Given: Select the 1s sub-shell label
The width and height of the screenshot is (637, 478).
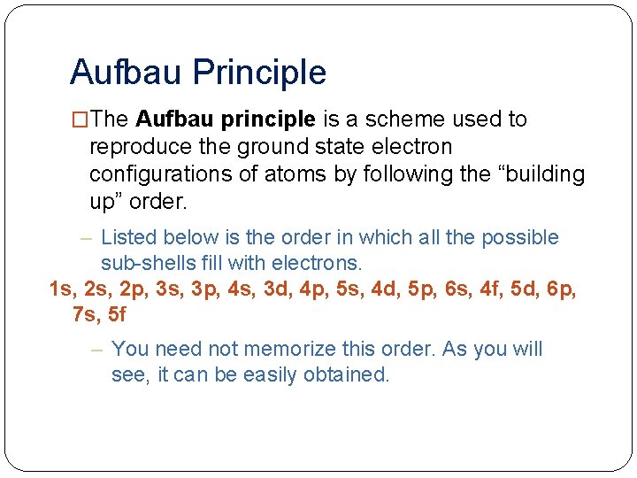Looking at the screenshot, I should point(62,289).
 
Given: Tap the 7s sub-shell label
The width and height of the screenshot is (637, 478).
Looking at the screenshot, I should point(86,313).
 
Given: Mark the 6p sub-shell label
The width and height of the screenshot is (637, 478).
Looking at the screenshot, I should point(559,289).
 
